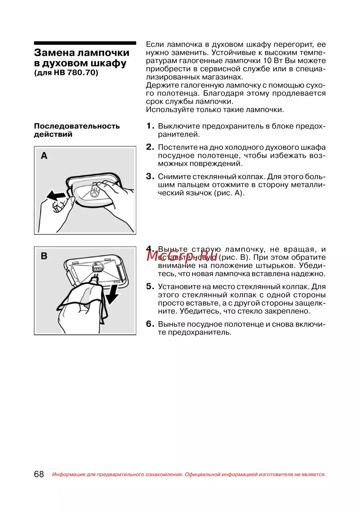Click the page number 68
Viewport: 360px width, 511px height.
[x=39, y=474]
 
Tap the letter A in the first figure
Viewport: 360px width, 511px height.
[x=44, y=156]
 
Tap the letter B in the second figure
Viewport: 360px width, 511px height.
[x=44, y=256]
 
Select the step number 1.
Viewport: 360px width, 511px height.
[x=150, y=126]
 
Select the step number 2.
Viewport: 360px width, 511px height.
[x=150, y=147]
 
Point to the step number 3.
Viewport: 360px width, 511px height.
[x=150, y=176]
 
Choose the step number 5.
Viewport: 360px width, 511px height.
[x=150, y=287]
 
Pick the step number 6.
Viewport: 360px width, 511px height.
[x=150, y=324]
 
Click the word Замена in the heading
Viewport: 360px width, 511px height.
[x=54, y=53]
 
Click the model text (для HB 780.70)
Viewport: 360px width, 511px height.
[x=66, y=73]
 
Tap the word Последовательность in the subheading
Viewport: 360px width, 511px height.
[x=77, y=126]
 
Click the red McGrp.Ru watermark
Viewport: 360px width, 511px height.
[x=182, y=256]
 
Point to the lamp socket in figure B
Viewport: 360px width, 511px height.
[x=97, y=268]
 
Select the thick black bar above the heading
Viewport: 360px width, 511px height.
[x=85, y=43]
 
